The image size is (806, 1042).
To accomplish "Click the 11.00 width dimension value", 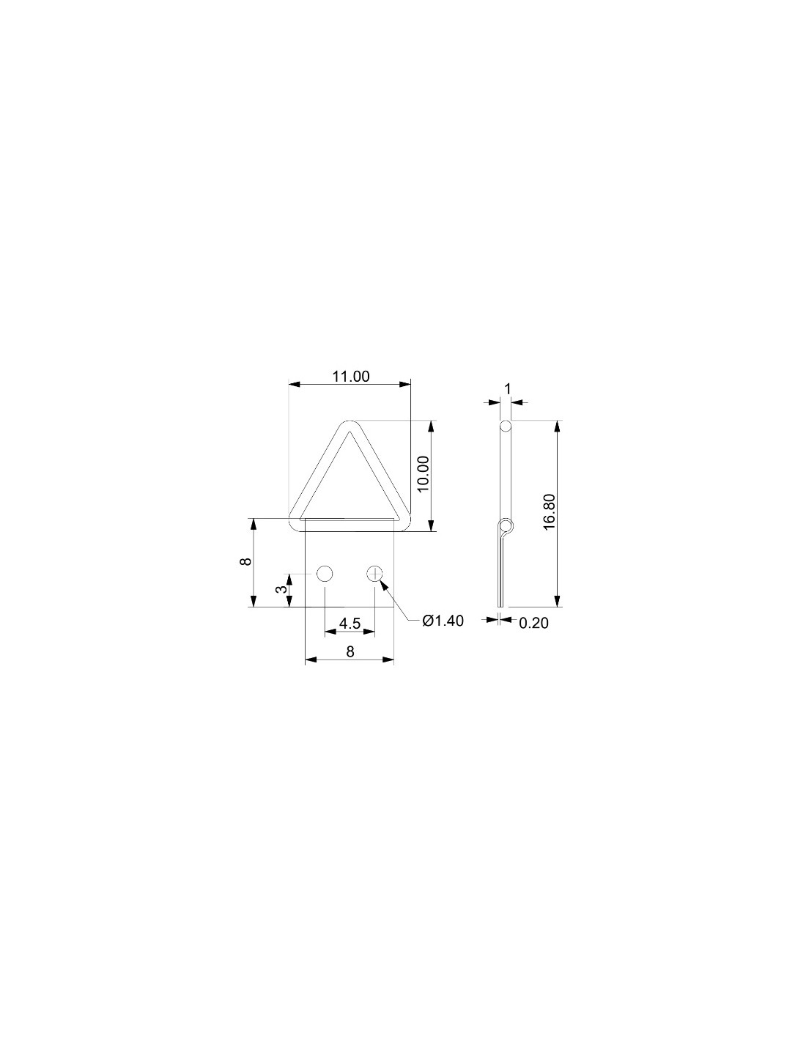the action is pos(352,377).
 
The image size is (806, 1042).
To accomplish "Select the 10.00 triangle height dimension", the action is pos(423,473).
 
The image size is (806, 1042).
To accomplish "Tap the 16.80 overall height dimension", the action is pos(550,511).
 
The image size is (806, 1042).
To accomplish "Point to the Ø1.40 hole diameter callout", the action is pos(443,621).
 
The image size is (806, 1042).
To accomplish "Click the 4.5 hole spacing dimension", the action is pos(350,624).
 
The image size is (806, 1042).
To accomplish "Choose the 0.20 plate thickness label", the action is pos(533,623).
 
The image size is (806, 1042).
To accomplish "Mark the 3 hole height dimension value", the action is pos(284,589).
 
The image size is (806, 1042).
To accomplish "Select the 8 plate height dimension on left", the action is pos(245,561).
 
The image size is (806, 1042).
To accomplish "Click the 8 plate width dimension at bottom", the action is pos(350,651).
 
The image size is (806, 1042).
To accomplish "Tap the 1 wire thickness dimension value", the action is pos(508,389).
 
